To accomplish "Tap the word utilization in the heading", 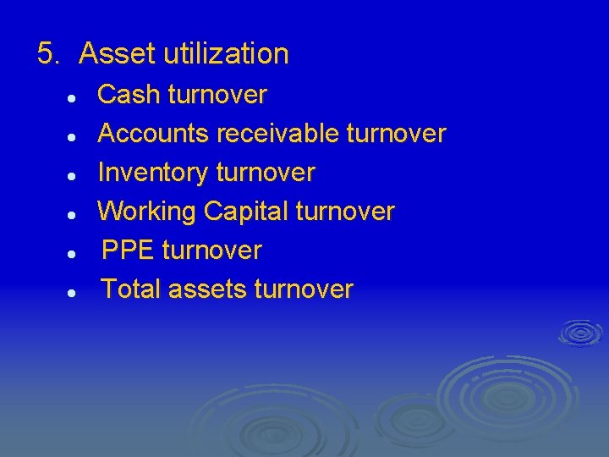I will click(226, 54).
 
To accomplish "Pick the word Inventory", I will click(154, 173).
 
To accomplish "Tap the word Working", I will click(148, 211).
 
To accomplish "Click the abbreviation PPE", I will click(129, 251).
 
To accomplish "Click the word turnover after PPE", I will click(211, 251).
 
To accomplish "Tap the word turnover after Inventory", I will click(266, 173).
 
